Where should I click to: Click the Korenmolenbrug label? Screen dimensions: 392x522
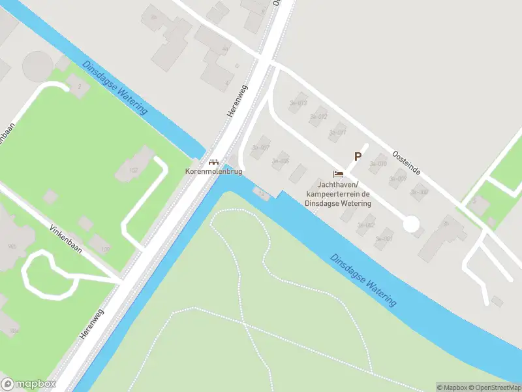(213, 171)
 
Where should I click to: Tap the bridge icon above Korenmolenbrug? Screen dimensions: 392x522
(213, 161)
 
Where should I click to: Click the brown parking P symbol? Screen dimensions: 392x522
(357, 156)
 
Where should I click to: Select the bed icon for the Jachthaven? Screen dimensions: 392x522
(338, 174)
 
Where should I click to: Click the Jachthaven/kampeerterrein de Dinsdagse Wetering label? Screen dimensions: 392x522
(338, 194)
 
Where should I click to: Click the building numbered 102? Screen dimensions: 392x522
(132, 169)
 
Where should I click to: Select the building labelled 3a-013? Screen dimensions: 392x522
(298, 103)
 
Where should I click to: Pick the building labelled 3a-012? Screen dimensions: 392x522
(318, 117)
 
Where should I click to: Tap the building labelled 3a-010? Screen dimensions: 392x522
(378, 164)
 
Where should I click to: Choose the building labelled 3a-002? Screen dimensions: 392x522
(366, 225)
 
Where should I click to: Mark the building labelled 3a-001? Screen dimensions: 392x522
(385, 238)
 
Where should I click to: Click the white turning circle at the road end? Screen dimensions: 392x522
(410, 224)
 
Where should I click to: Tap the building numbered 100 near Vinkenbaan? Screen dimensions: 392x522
(101, 246)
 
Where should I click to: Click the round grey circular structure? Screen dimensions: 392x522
(37, 66)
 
